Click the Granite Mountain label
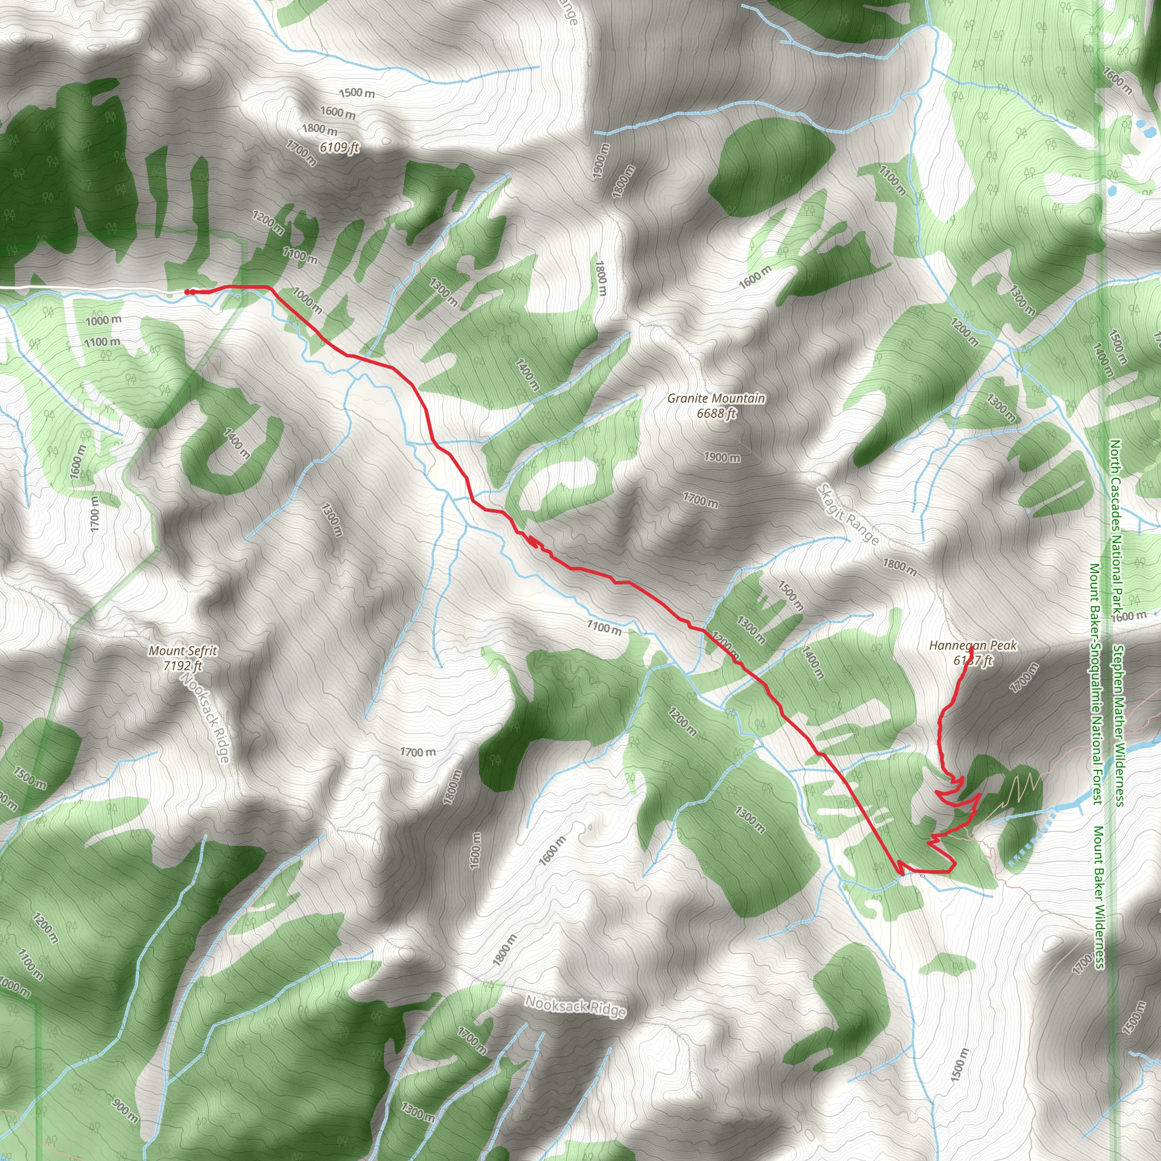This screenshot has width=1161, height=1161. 716,399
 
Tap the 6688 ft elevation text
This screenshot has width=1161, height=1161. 716,413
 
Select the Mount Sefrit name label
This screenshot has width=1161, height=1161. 183,651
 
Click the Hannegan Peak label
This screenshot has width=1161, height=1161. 973,645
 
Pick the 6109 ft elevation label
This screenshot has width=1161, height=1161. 339,147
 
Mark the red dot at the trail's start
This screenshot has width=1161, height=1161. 187,292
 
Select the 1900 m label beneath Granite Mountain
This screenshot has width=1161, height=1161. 722,457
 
